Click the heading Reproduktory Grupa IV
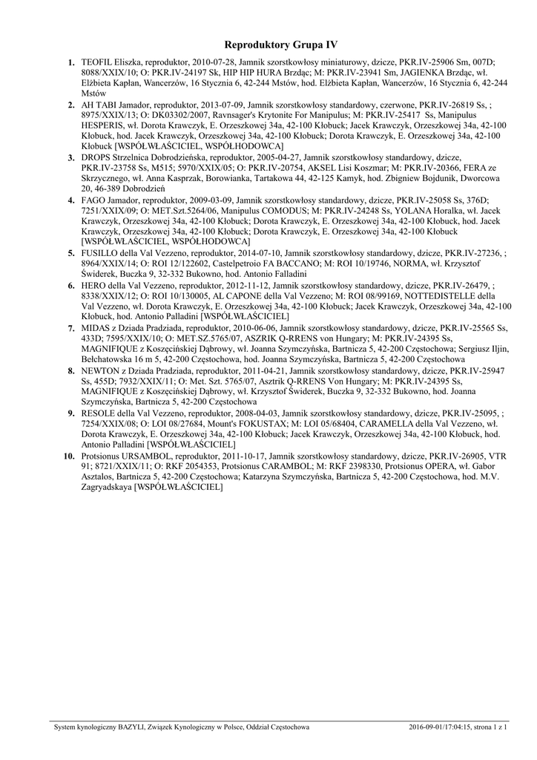coord(280,45)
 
